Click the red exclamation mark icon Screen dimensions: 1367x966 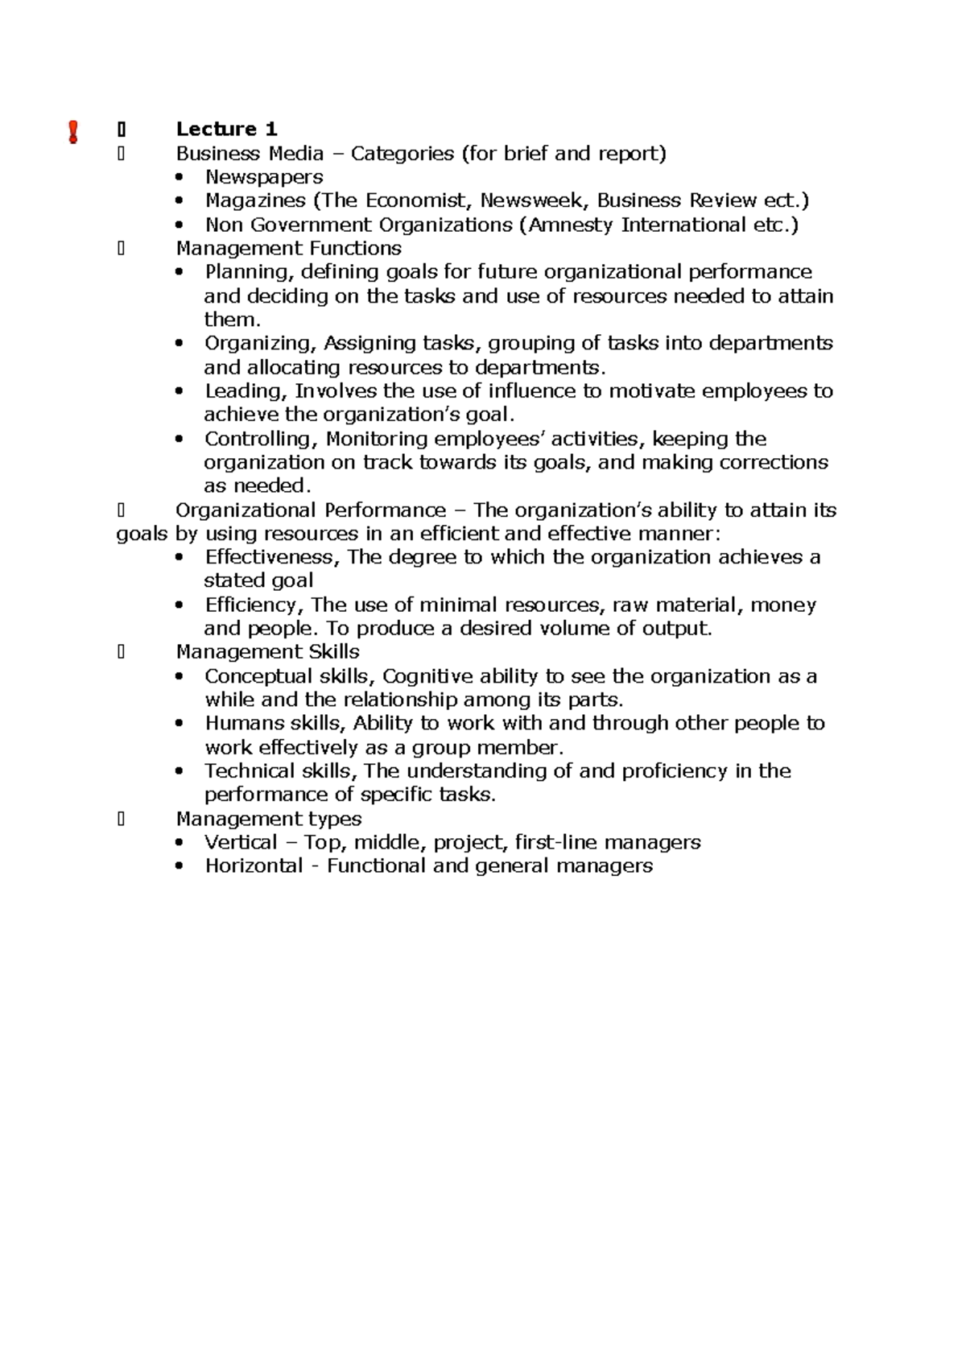(x=73, y=132)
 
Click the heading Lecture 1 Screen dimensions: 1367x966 (x=226, y=130)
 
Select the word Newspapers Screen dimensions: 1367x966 (x=264, y=177)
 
